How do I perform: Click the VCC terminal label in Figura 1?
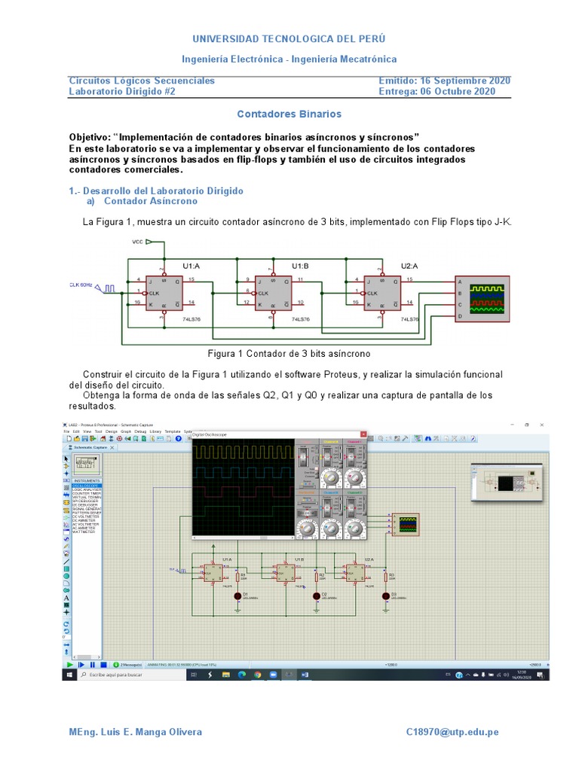click(138, 242)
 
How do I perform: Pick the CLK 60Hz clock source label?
click(81, 285)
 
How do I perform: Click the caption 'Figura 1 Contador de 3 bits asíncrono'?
click(289, 353)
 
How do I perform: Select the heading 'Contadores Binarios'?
click(289, 114)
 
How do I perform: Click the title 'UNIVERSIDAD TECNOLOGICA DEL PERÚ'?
click(289, 38)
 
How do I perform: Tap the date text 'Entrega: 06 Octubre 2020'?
click(437, 92)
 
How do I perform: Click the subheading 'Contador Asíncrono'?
click(150, 201)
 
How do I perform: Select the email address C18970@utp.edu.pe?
click(452, 732)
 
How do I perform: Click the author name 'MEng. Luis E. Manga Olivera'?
click(136, 732)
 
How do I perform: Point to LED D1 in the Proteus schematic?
click(238, 596)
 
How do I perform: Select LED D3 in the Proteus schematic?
click(384, 596)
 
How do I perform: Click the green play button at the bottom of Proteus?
click(70, 665)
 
